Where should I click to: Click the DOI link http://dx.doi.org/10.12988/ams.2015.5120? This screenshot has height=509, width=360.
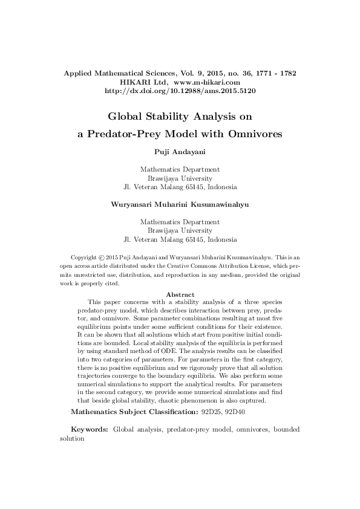click(180, 91)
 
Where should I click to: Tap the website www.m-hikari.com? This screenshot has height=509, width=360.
click(208, 82)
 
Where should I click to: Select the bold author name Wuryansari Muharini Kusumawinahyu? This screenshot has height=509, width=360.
click(180, 204)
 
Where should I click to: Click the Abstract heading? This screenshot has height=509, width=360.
click(180, 294)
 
